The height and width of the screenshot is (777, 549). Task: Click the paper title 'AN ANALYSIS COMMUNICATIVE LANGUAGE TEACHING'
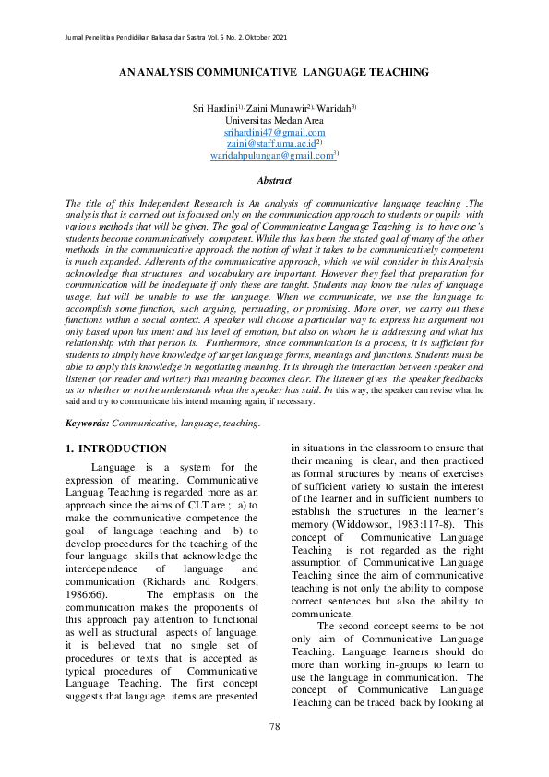[x=274, y=71]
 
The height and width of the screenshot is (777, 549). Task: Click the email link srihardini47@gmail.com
[x=274, y=133]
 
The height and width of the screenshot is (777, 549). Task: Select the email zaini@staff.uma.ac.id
[x=270, y=145]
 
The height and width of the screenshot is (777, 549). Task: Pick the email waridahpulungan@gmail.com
[x=271, y=157]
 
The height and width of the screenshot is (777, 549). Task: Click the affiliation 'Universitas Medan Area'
[x=274, y=121]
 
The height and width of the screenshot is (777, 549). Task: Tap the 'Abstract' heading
[x=274, y=181]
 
